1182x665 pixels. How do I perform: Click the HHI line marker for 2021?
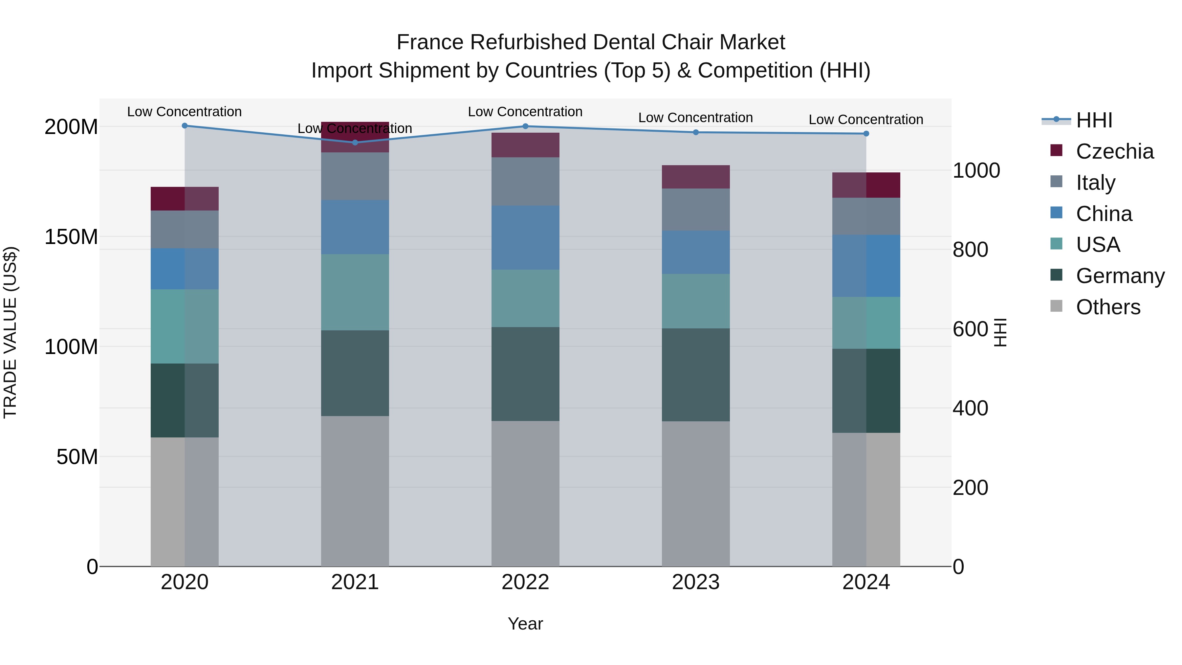(x=355, y=142)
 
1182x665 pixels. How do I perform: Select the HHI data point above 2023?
(x=696, y=132)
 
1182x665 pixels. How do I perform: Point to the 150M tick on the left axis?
(x=71, y=237)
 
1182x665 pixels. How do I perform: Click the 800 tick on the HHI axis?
(x=970, y=250)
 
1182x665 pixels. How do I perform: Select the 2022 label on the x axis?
(x=525, y=582)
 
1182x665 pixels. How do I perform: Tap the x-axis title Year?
(x=525, y=624)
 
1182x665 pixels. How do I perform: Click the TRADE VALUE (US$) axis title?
(x=10, y=332)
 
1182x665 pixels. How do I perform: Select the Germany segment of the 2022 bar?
(x=525, y=374)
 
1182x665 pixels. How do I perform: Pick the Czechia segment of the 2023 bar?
(x=696, y=177)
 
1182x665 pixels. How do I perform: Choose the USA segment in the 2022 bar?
(x=525, y=298)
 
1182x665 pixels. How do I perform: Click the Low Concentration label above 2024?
(x=865, y=119)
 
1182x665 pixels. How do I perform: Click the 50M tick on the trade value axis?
(x=77, y=457)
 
